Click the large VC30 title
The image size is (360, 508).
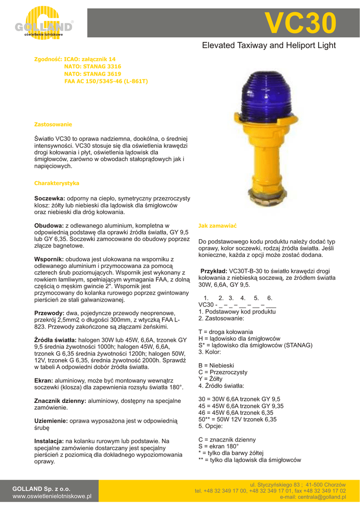300,23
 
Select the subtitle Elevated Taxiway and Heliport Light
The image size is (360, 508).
269,46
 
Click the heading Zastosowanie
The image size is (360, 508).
53,124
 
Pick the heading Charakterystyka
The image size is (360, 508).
57,183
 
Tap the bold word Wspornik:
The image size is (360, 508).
49,259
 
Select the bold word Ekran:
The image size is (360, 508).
43,381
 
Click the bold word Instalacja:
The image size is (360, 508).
49,441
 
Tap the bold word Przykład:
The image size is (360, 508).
214,271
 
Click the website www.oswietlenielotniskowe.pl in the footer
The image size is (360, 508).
52,496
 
